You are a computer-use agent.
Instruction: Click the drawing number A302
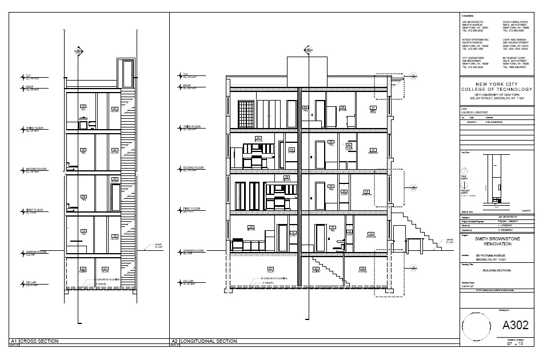[x=515, y=326]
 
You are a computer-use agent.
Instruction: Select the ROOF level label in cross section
[x=30, y=87]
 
